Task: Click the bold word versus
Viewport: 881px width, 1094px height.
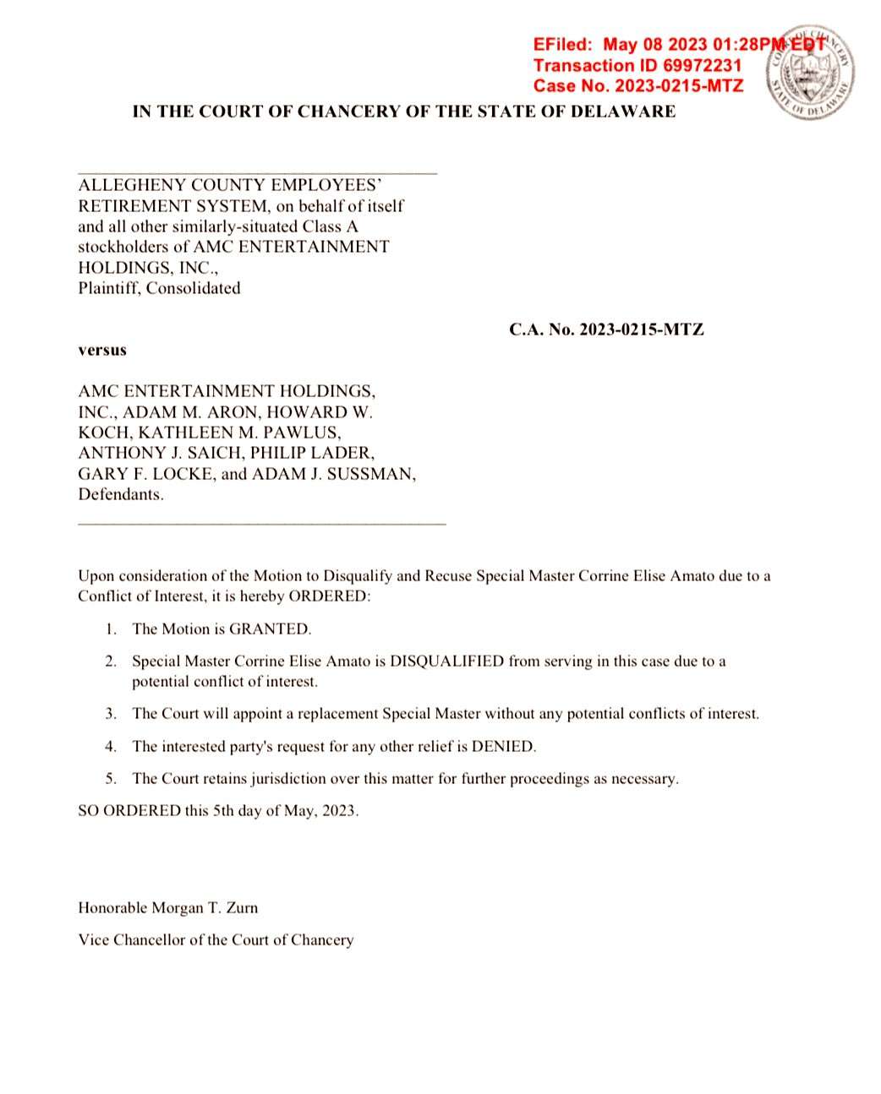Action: tap(102, 350)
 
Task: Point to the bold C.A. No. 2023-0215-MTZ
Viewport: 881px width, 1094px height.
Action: tap(606, 329)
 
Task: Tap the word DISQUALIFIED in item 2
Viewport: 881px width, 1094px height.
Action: tap(446, 661)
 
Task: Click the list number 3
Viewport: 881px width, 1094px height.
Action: tap(111, 714)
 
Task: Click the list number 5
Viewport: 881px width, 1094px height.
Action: tap(111, 779)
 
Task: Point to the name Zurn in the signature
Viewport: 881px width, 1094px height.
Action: tap(243, 908)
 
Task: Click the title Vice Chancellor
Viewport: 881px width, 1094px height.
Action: tap(131, 940)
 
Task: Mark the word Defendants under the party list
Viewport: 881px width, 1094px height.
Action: tap(121, 495)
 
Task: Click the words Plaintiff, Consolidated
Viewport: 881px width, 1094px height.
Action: tap(159, 288)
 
